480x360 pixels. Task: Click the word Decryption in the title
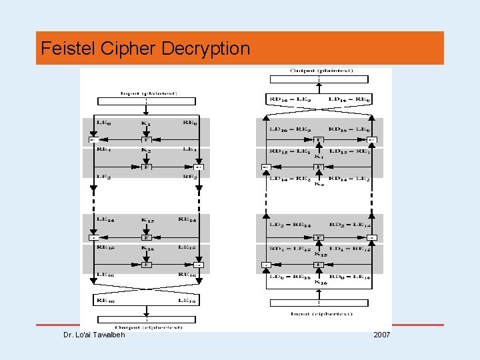tap(209, 49)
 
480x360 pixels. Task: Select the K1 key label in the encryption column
tap(146, 123)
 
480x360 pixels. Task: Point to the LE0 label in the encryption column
tap(104, 123)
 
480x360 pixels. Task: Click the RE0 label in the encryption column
tap(190, 123)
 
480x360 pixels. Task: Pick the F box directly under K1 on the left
tap(146, 140)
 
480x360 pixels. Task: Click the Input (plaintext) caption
tap(146, 93)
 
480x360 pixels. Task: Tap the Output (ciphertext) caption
tap(146, 327)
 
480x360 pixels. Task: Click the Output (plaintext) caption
tap(321, 71)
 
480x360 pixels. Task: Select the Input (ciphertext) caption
tap(321, 313)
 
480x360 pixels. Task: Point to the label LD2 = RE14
tap(290, 225)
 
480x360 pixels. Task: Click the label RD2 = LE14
tap(349, 225)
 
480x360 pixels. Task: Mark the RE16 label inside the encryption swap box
tap(105, 301)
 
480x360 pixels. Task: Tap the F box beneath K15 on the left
tap(146, 237)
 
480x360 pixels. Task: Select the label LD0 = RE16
tap(290, 276)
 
